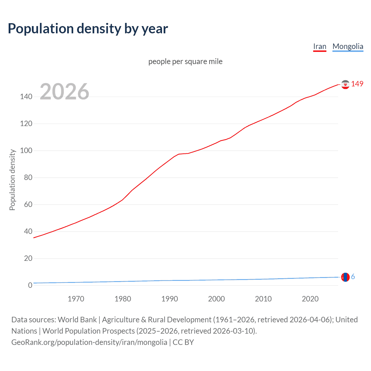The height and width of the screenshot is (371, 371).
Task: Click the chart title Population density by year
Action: tap(88, 29)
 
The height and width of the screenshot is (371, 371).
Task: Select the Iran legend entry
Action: tap(320, 46)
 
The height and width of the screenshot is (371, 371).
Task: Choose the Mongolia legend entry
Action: tap(348, 46)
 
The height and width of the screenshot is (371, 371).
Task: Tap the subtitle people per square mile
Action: tap(185, 61)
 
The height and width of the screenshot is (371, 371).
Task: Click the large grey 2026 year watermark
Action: tap(64, 92)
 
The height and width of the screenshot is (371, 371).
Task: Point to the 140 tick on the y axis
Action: tap(26, 97)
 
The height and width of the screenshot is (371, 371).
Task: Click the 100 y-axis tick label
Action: tap(26, 151)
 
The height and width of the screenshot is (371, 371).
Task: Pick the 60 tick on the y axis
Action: tap(28, 205)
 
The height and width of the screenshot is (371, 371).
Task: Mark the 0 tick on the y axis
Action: tap(30, 285)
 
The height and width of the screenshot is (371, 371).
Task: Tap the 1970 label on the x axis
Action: tap(76, 299)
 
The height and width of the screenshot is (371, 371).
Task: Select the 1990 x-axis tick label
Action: tap(170, 299)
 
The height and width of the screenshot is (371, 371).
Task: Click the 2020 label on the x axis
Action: tap(310, 299)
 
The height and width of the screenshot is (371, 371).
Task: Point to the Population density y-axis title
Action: tap(12, 180)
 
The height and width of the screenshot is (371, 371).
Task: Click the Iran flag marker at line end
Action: tap(345, 84)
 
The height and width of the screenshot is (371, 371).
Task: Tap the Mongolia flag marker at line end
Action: tap(345, 277)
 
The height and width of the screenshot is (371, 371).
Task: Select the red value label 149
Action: tap(357, 84)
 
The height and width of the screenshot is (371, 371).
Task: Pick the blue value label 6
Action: tap(353, 277)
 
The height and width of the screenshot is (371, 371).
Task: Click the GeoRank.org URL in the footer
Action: tap(89, 342)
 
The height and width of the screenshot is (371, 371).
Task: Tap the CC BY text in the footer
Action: tap(183, 342)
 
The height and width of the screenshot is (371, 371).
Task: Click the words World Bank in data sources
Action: tap(77, 320)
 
